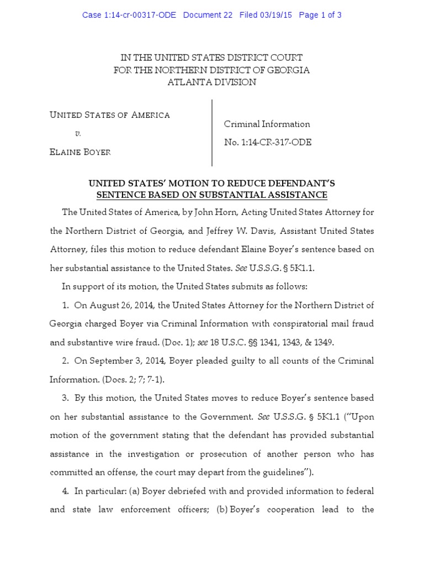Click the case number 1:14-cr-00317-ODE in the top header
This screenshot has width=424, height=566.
129,15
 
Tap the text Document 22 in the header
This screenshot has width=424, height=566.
208,15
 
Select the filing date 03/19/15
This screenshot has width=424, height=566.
275,15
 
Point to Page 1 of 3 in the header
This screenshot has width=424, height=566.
320,15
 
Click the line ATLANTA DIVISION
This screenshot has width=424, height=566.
212,82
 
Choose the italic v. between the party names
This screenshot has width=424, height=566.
78,134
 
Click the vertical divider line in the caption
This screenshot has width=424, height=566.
213,133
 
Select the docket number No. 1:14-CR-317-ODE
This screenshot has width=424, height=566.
268,142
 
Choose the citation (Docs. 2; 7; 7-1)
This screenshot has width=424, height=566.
135,380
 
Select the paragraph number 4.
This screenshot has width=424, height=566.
65,491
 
